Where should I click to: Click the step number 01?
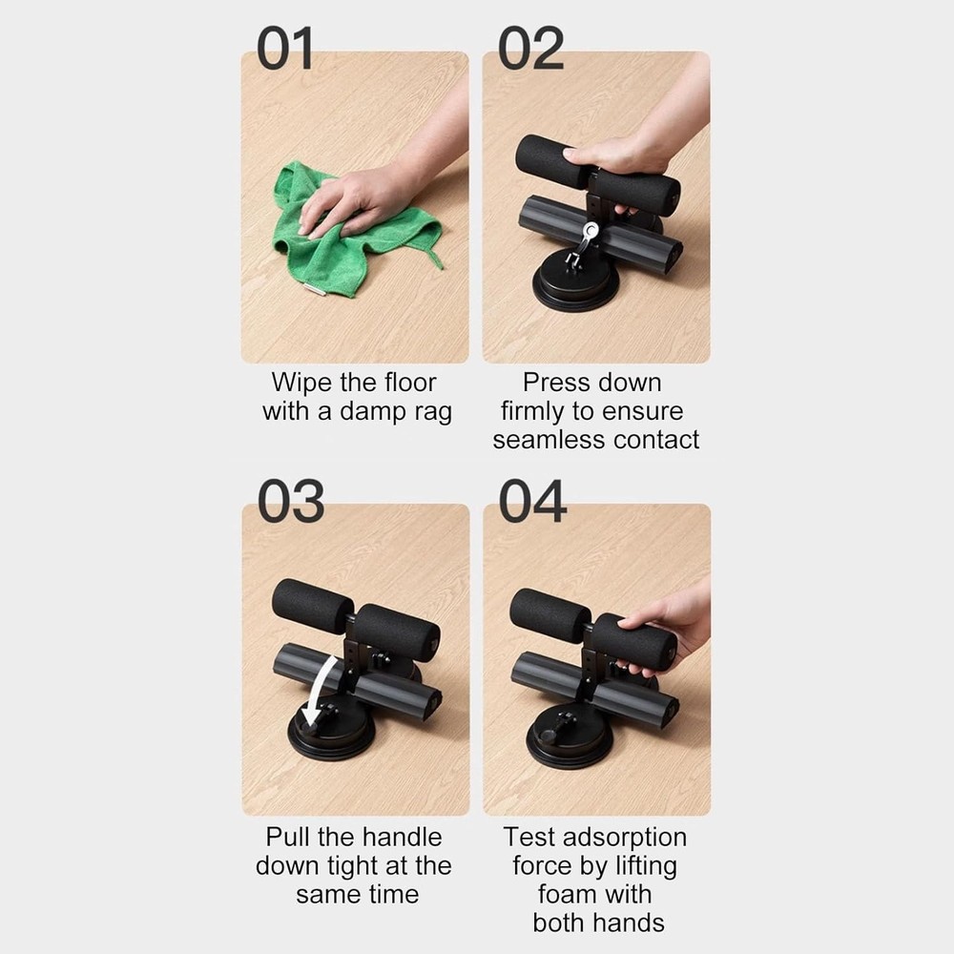click(285, 49)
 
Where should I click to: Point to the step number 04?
click(532, 502)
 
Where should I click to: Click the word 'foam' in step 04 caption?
click(570, 895)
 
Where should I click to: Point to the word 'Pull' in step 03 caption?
click(287, 838)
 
